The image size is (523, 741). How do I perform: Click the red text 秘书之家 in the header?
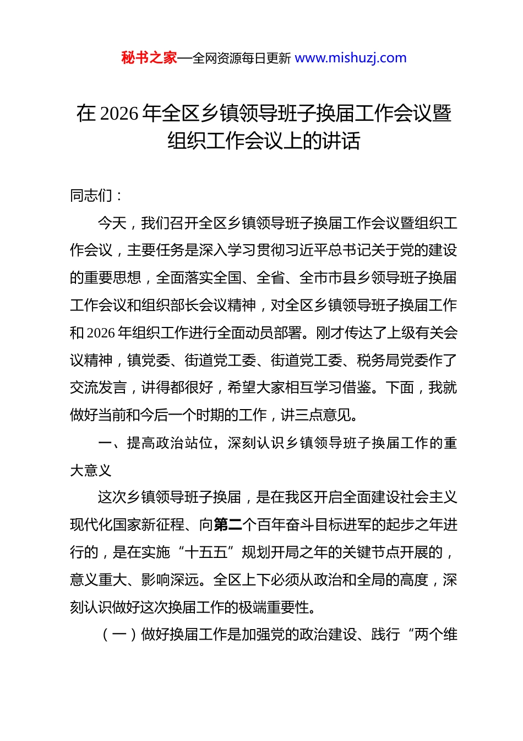(x=149, y=58)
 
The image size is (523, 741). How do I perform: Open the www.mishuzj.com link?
(x=351, y=58)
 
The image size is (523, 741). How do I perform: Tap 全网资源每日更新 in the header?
(x=242, y=58)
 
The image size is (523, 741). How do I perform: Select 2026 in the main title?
(x=119, y=114)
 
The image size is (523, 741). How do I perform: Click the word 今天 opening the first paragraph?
(x=112, y=223)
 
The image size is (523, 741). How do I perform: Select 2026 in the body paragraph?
(x=101, y=333)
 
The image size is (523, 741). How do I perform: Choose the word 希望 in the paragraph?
(x=242, y=388)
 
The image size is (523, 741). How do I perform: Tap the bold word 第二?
(x=227, y=525)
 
